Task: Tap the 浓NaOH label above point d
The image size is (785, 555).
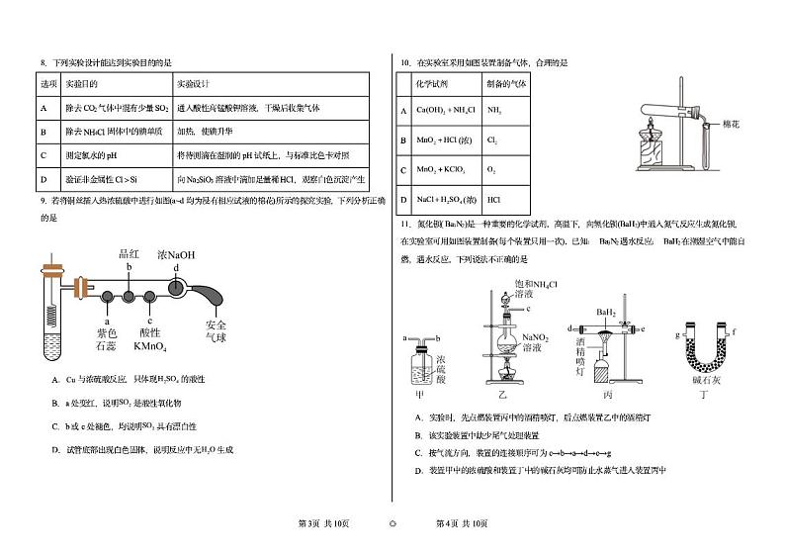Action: pos(176,254)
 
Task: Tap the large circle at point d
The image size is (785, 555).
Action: pos(175,287)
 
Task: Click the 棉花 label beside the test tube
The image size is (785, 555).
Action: pos(732,124)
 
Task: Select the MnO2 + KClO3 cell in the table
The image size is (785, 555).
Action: pos(437,170)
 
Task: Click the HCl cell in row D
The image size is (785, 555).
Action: pos(494,200)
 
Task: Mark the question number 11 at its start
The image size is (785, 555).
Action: pos(404,227)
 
